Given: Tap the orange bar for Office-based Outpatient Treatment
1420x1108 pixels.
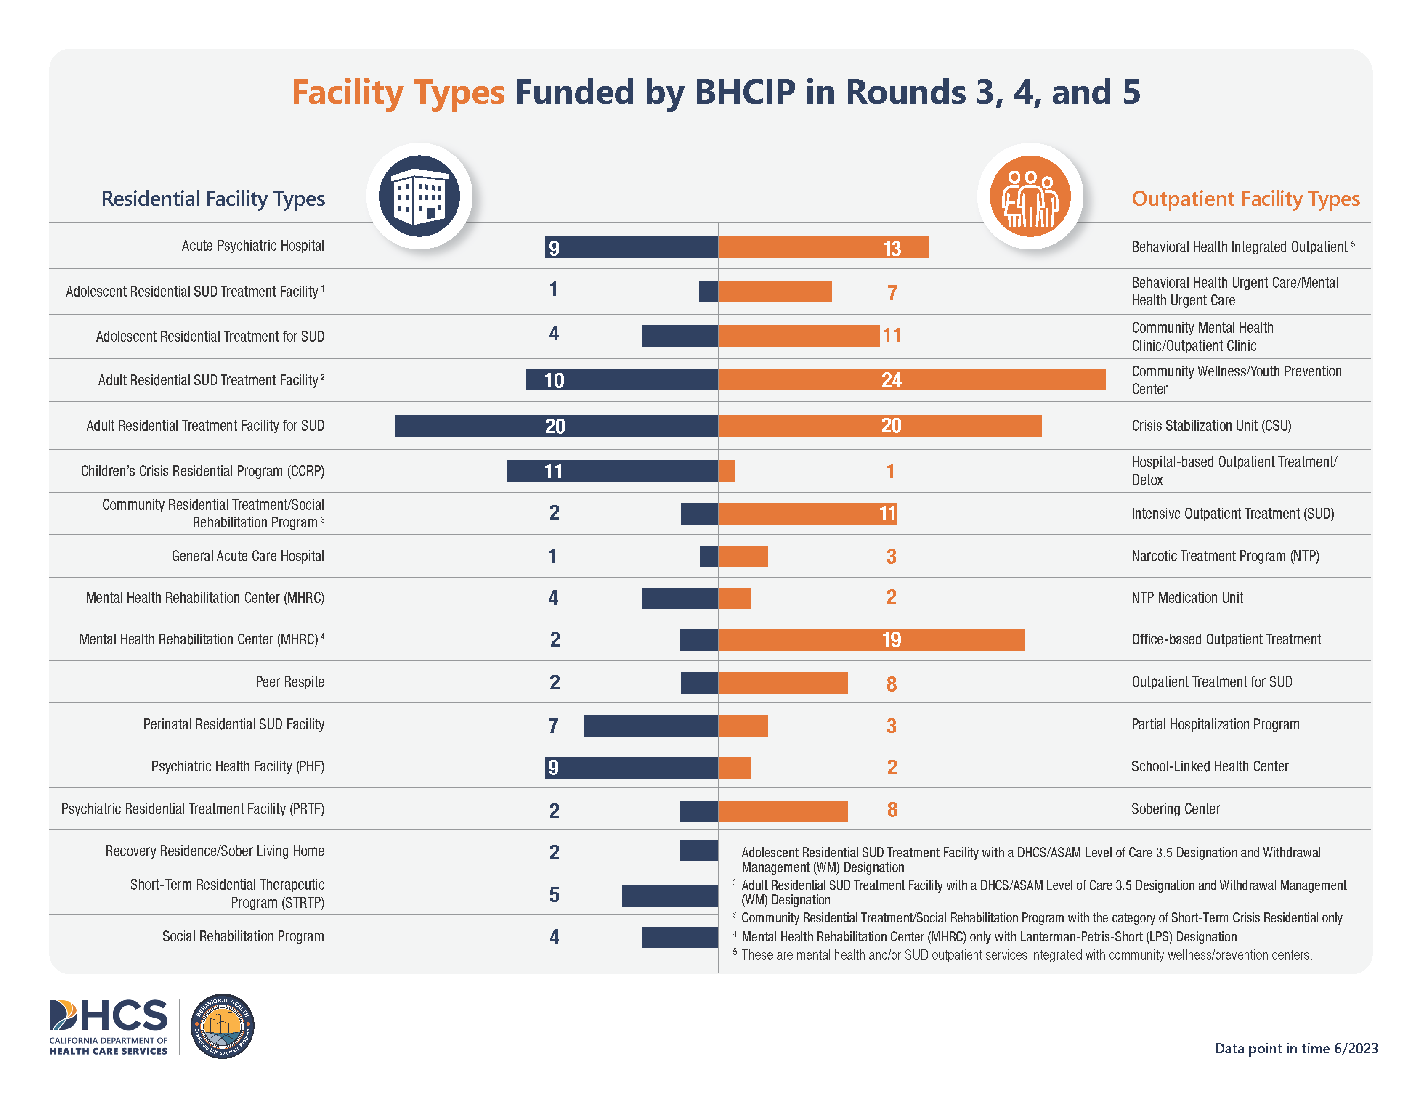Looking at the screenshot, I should [x=871, y=639].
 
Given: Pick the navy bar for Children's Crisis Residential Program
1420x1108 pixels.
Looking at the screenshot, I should [x=612, y=471].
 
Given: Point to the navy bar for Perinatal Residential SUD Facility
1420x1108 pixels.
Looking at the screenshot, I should [x=650, y=726].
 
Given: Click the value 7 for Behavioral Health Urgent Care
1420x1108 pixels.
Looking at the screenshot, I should [x=892, y=293].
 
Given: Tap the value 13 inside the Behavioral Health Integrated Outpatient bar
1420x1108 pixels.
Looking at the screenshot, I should [x=892, y=248].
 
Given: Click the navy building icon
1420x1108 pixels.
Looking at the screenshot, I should [x=419, y=196].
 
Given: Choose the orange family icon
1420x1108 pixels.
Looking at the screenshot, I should [x=1030, y=196].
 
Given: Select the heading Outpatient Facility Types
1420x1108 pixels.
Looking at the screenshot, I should [x=1245, y=198].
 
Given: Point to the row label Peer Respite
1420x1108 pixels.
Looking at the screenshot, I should [x=289, y=681].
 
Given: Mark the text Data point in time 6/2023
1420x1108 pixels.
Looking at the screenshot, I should [x=1296, y=1048].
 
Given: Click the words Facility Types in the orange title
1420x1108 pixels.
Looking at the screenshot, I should [x=398, y=93].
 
